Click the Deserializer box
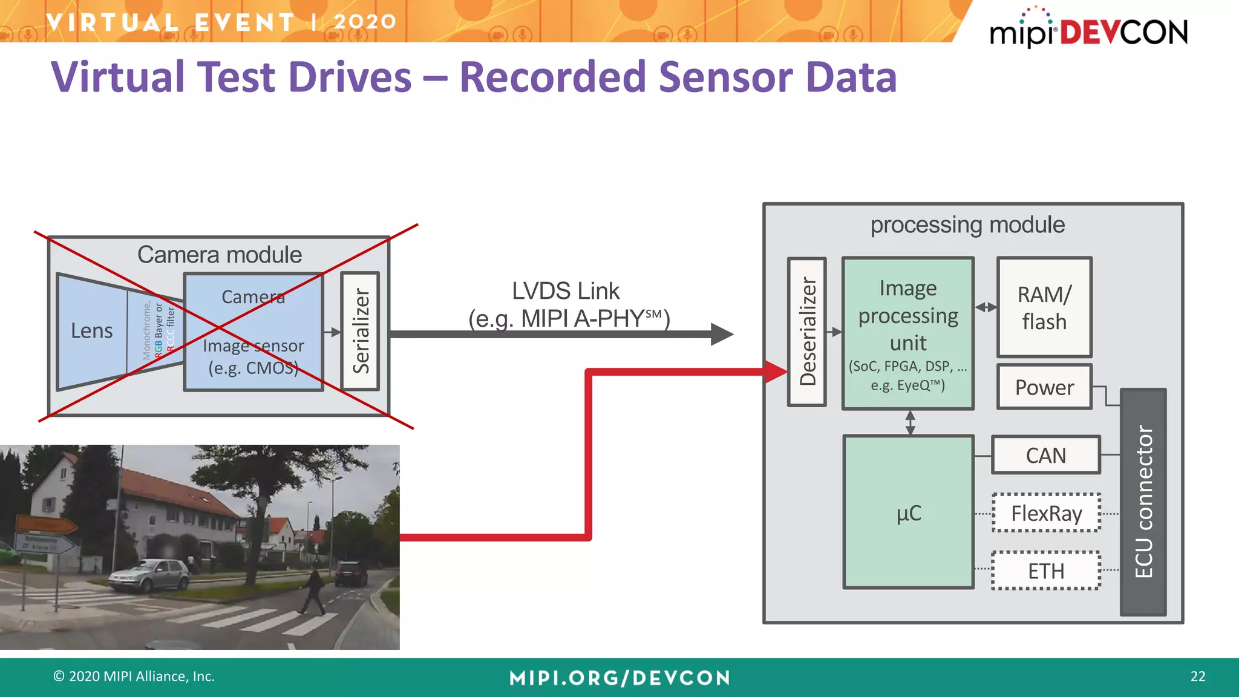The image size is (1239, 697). (x=807, y=332)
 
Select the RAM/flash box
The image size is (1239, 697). (x=1044, y=307)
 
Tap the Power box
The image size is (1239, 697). (x=1044, y=387)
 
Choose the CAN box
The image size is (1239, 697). (x=1045, y=455)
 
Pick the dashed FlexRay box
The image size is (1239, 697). (x=1046, y=513)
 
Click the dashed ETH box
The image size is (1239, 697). (x=1046, y=571)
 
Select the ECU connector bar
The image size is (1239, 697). (x=1143, y=502)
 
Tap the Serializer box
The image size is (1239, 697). (x=361, y=331)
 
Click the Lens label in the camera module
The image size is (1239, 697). (x=92, y=331)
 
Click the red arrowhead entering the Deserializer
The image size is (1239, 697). (x=776, y=371)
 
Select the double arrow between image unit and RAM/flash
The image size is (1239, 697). (x=986, y=307)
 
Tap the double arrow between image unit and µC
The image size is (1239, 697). (x=910, y=422)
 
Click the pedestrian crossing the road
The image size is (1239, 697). (x=315, y=590)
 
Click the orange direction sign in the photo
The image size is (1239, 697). (x=45, y=523)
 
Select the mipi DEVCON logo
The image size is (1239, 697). (x=1088, y=30)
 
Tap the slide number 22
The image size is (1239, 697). (x=1197, y=676)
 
